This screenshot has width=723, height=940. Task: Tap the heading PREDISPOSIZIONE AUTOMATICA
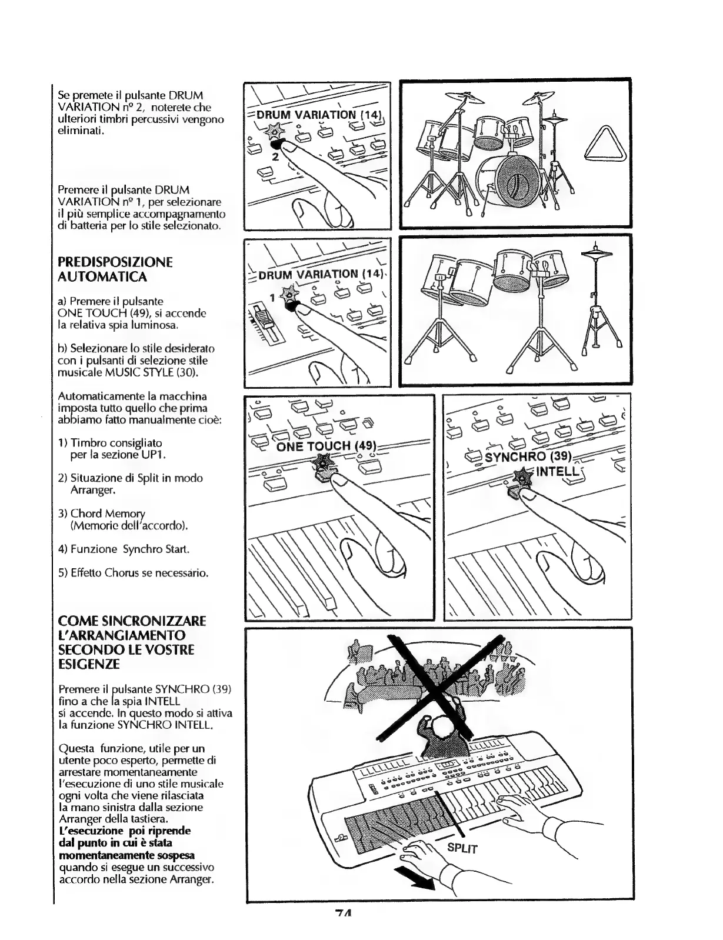(115, 269)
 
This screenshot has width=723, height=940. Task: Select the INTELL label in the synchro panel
(555, 472)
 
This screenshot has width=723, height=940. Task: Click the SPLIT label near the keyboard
(462, 848)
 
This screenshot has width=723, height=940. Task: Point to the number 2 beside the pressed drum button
(275, 157)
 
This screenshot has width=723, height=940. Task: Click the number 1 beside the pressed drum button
(272, 298)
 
